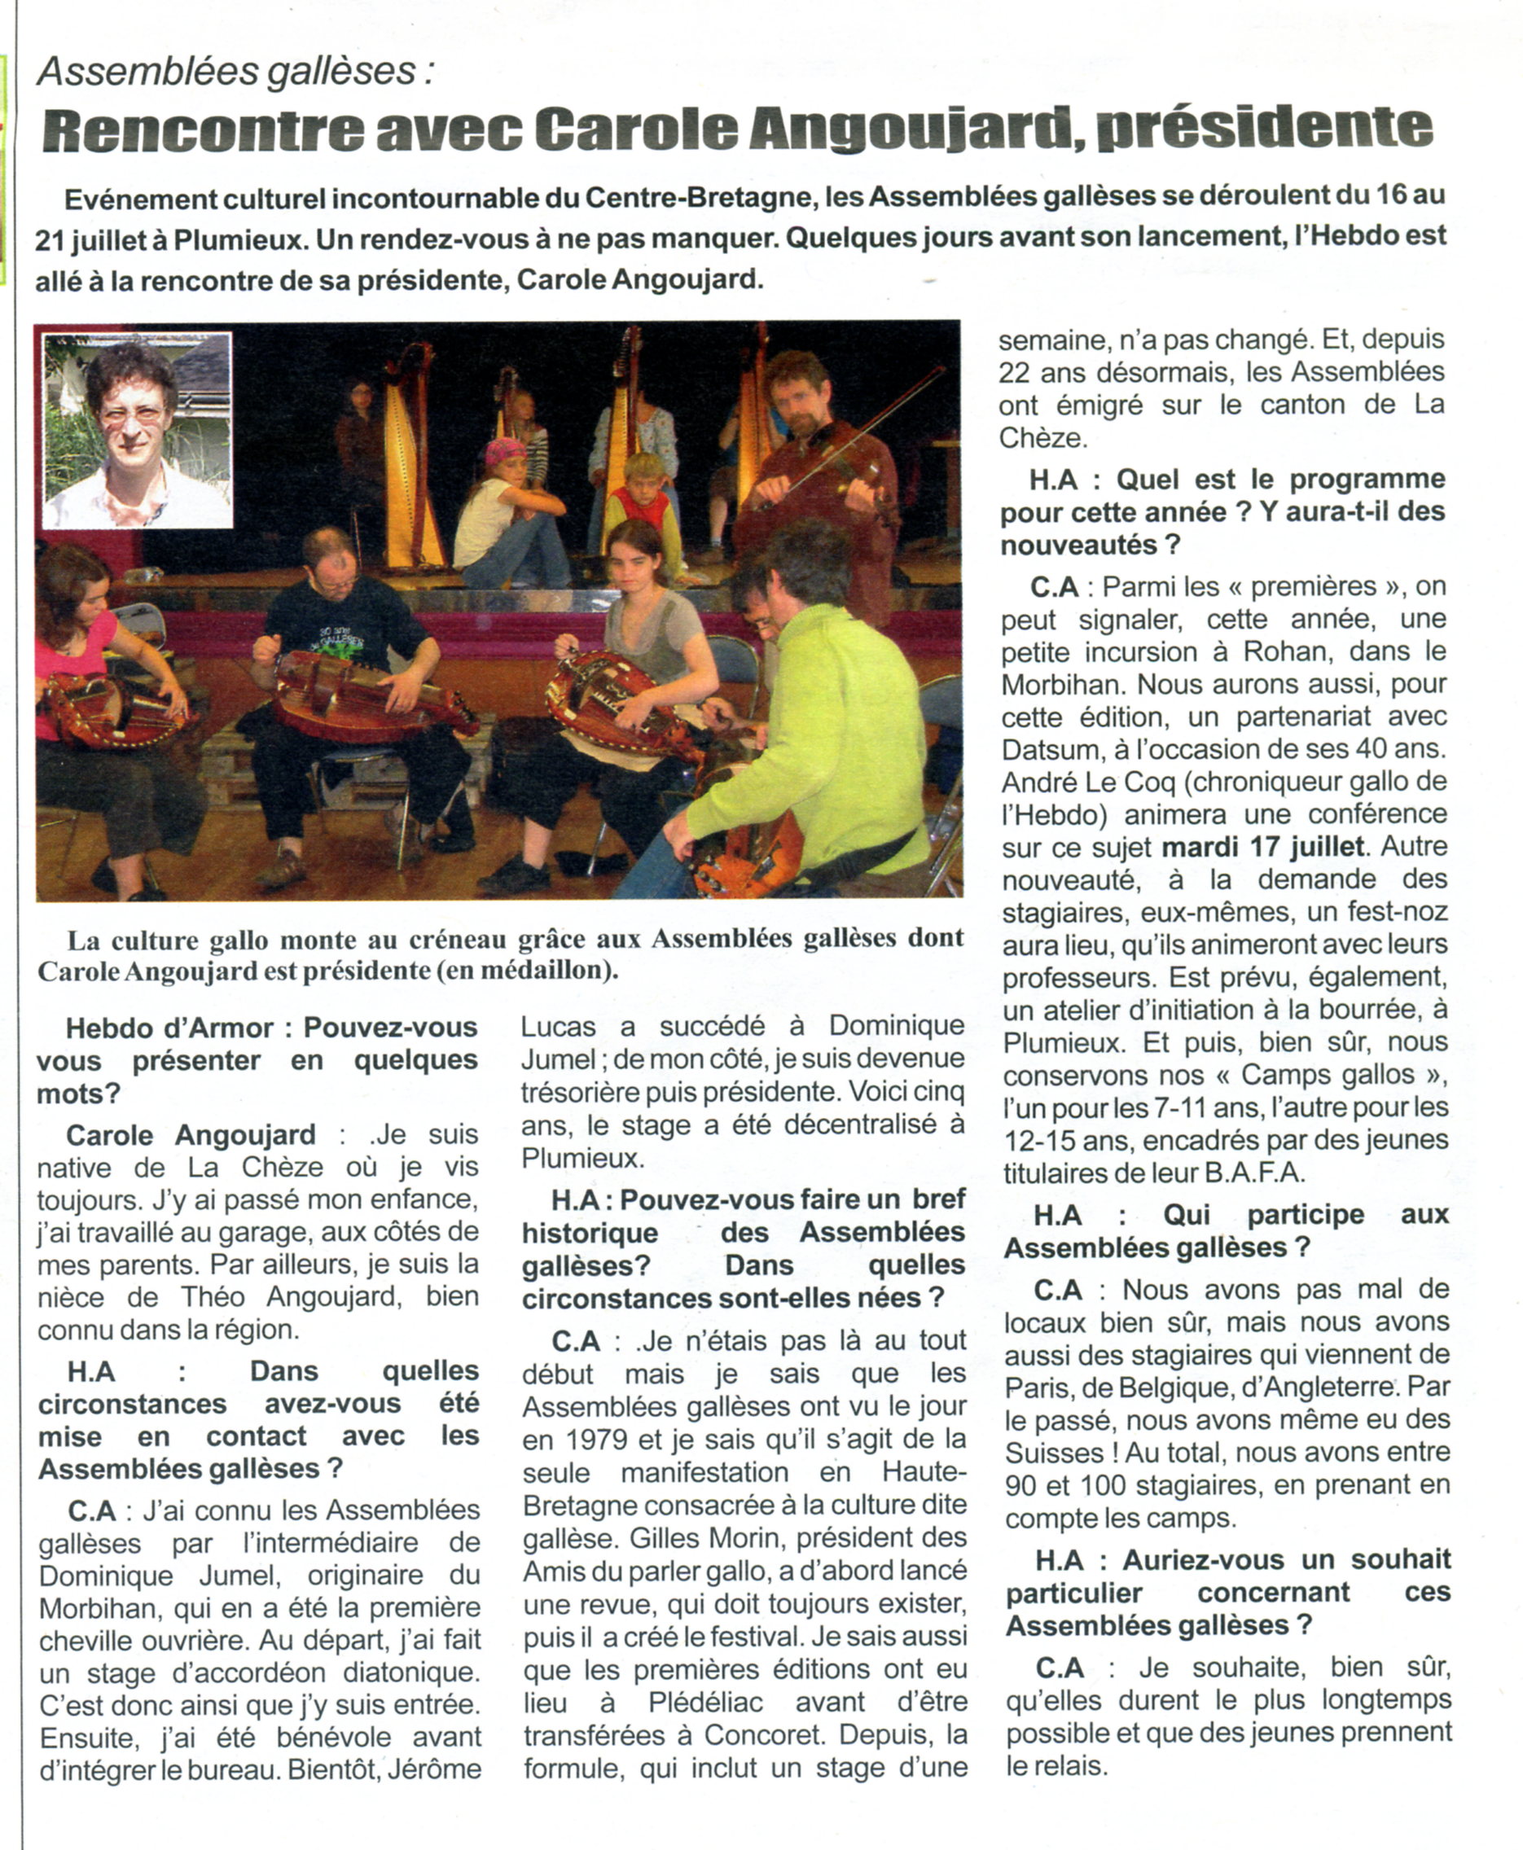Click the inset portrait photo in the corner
[x=138, y=430]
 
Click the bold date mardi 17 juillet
[x=1263, y=848]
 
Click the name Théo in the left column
[x=207, y=1297]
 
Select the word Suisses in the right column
[x=1057, y=1453]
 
